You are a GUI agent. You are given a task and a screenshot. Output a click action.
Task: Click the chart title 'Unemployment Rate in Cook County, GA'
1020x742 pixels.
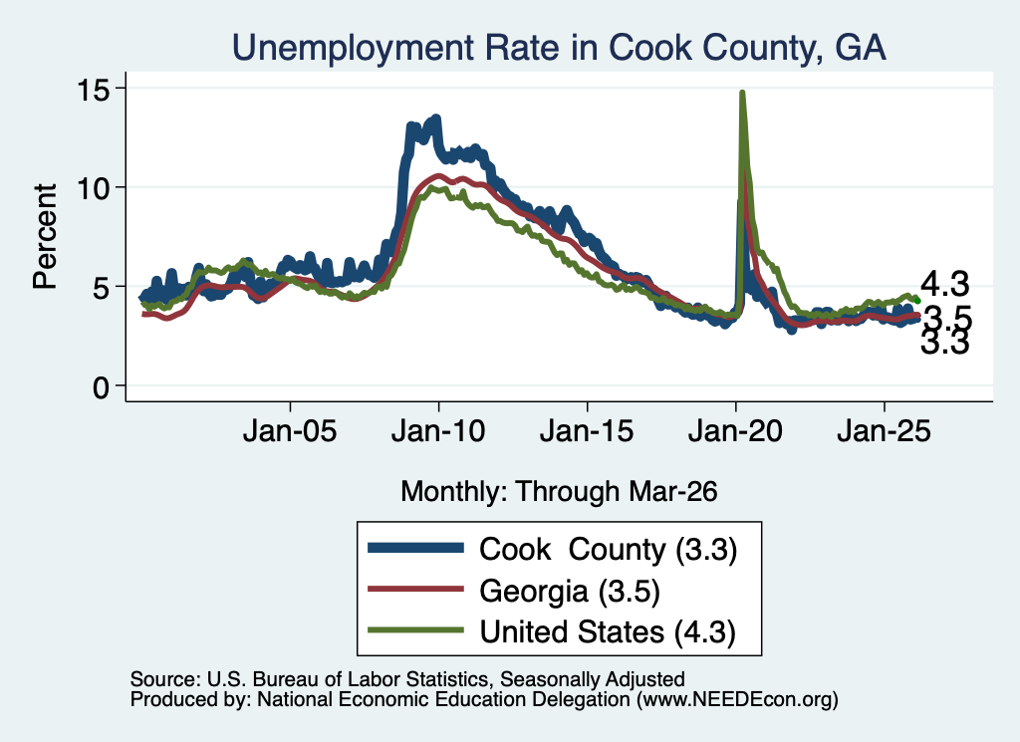[x=559, y=48]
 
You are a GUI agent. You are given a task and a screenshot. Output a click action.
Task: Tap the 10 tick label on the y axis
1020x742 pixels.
[x=93, y=188]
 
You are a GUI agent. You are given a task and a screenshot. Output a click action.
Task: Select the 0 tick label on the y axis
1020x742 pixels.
[x=101, y=387]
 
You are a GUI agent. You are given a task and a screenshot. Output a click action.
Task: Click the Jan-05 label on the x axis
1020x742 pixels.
[x=290, y=431]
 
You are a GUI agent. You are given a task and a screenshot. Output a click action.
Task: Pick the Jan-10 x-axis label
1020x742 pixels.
[x=438, y=431]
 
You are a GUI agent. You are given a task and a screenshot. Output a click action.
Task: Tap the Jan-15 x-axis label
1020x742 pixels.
[x=587, y=431]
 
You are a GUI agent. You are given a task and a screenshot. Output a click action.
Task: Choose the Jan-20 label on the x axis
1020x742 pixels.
[x=735, y=431]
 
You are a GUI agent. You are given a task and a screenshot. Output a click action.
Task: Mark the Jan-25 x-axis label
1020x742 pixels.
[x=885, y=431]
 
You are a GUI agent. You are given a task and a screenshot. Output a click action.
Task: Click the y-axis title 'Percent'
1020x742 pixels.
[x=46, y=237]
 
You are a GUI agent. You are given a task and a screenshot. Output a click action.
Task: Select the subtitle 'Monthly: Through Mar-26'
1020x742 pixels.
[x=559, y=492]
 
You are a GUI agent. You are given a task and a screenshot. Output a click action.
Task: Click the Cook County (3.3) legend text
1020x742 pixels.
[x=609, y=550]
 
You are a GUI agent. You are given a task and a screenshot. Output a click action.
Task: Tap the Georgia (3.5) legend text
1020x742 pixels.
[x=570, y=592]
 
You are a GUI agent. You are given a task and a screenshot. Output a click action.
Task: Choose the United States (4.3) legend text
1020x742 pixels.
[x=608, y=632]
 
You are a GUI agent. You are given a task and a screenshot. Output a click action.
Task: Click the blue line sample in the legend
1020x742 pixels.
[x=415, y=548]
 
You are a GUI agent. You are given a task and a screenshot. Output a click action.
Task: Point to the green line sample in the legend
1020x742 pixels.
[x=415, y=629]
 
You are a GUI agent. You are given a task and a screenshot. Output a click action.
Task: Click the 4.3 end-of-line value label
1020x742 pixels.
[x=944, y=284]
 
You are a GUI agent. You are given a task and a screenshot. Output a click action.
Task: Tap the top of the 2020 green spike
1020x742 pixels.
[x=741, y=93]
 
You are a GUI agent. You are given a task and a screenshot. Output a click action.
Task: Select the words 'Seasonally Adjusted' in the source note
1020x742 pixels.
[x=593, y=679]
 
